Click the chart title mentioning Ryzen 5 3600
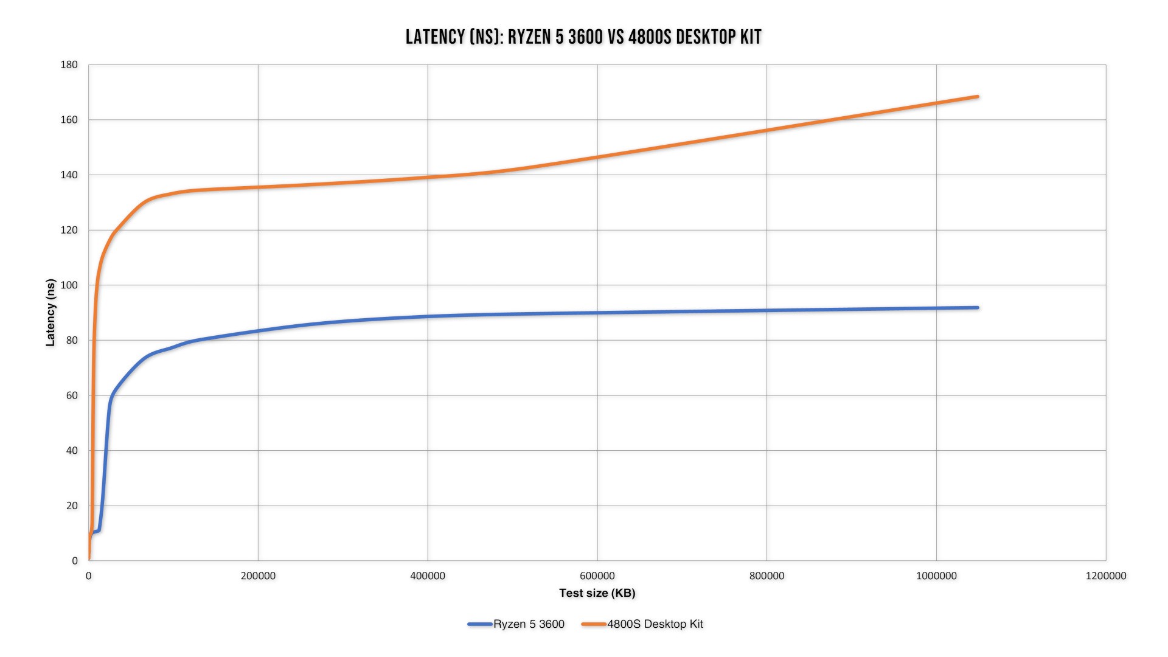pos(583,37)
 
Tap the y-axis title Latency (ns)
pos(50,313)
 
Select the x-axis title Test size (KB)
pos(597,593)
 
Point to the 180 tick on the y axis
pos(69,64)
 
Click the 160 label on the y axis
pos(69,120)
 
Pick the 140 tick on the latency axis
pos(69,175)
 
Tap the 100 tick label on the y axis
pos(69,285)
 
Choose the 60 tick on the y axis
pos(72,395)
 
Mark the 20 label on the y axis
pos(72,506)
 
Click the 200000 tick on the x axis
pos(258,576)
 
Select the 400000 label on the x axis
pos(428,576)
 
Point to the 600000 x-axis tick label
pos(597,576)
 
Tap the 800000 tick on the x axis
pos(766,576)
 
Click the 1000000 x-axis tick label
pos(936,576)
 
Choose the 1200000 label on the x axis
pos(1105,576)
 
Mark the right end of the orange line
pos(977,97)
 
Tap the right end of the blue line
pos(977,308)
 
